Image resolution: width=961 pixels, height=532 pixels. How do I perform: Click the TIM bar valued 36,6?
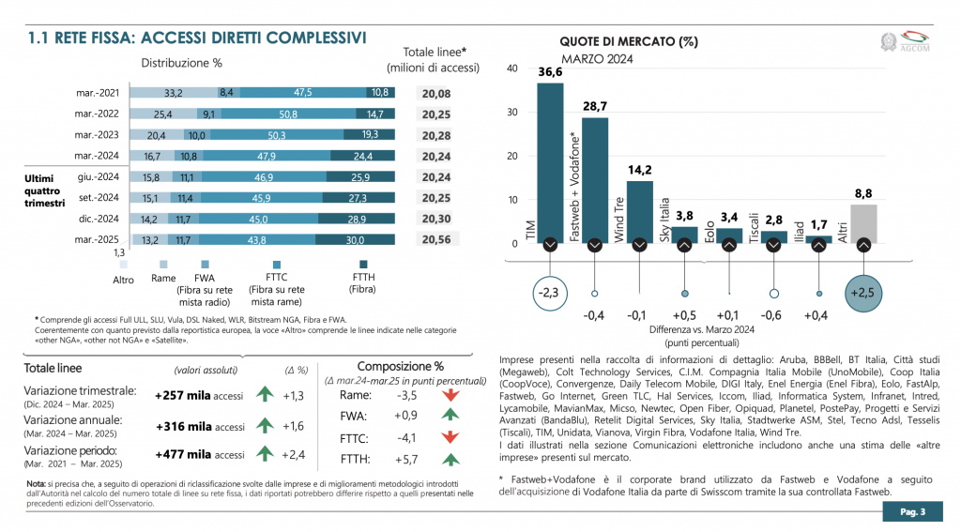coord(550,163)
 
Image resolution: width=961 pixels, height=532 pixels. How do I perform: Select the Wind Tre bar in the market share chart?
coord(639,212)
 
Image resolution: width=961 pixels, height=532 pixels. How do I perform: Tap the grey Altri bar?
coord(863,223)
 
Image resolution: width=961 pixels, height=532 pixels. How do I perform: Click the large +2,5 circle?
coord(863,293)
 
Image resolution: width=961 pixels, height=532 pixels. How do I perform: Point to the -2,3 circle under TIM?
coord(550,293)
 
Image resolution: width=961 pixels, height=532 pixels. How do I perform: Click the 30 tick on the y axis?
coord(512,113)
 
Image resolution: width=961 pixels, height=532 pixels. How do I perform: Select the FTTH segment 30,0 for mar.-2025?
coord(356,239)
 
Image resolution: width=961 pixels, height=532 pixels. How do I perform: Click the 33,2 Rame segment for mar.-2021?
coord(174,93)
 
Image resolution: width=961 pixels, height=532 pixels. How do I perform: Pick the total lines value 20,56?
coord(436,239)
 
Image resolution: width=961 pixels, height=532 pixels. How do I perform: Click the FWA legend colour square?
coord(205,265)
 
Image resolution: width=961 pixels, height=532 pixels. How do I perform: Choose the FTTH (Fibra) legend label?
coord(362,283)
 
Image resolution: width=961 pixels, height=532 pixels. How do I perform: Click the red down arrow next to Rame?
coord(451,395)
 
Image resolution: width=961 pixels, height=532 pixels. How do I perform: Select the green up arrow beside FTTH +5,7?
coord(451,459)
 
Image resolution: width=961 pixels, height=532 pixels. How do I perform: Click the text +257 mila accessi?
coord(199,396)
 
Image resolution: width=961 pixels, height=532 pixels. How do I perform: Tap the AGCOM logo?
coord(906,41)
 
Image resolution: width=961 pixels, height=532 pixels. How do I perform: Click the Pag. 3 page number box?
coord(912,511)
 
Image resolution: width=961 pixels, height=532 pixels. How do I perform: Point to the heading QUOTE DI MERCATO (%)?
coord(629,41)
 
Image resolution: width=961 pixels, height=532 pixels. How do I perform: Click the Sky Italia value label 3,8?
coord(684,216)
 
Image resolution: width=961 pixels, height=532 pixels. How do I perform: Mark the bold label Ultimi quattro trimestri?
coord(44,190)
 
